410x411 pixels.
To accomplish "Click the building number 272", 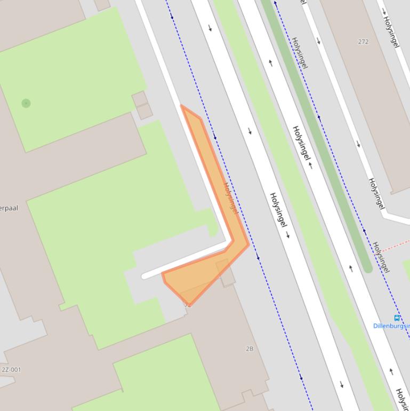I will (x=364, y=42).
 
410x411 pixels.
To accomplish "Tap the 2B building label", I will (x=250, y=349).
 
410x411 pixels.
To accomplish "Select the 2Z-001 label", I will (x=11, y=369).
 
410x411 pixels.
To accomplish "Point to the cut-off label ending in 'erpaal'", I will (x=9, y=208).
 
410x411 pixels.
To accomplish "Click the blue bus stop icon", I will (x=397, y=318).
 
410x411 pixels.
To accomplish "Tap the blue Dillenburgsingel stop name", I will (x=392, y=326).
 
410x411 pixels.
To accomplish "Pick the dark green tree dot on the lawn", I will (x=26, y=103).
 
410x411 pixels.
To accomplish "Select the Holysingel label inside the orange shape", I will (x=230, y=198).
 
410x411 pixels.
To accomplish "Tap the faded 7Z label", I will (x=188, y=305).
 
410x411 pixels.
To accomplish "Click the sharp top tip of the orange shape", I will (x=182, y=106).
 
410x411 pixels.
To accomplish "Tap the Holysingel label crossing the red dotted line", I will (x=381, y=257).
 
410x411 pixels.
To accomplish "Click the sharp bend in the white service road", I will (x=229, y=243).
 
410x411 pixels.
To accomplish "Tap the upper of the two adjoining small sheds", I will (x=140, y=99).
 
